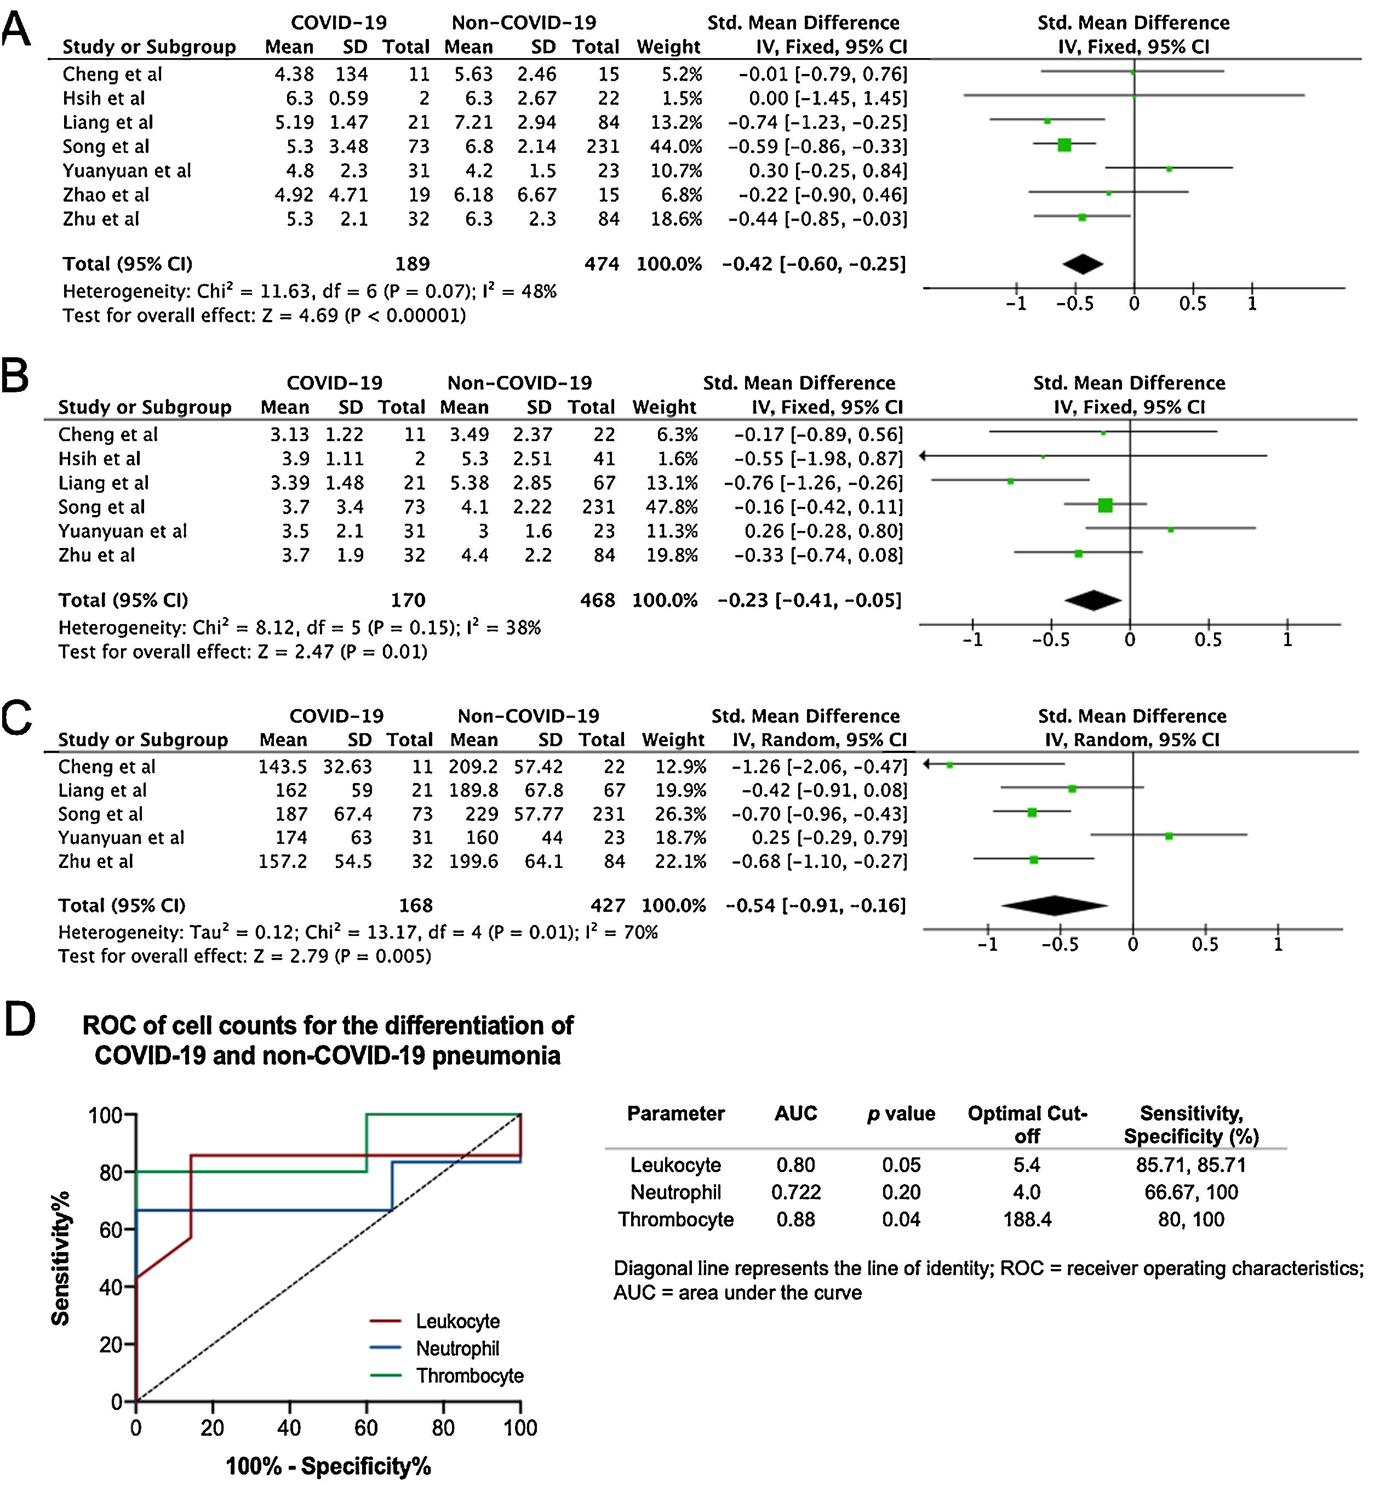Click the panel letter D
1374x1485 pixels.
(20, 1020)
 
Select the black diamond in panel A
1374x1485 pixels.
(1083, 264)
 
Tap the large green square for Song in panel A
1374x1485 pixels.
(1064, 145)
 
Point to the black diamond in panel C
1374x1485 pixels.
(1054, 905)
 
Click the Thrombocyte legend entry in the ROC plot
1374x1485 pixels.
(469, 1376)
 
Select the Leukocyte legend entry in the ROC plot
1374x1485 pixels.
(457, 1321)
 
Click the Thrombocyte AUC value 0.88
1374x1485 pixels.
(795, 1220)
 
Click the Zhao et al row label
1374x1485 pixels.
(106, 195)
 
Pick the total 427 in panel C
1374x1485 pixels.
(608, 905)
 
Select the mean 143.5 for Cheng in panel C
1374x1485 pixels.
(283, 767)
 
